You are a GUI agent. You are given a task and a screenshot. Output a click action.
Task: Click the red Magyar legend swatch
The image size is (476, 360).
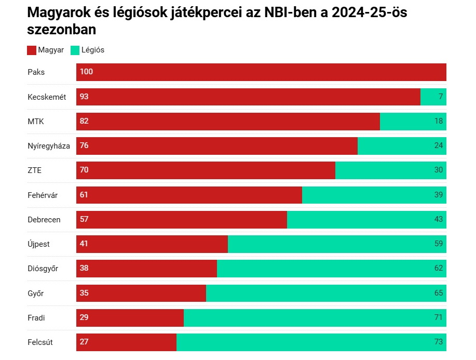pyautogui.click(x=32, y=50)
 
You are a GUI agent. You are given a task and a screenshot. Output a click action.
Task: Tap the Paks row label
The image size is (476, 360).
pyautogui.click(x=36, y=72)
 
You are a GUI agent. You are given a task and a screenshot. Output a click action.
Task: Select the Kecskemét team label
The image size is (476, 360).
pyautogui.click(x=47, y=97)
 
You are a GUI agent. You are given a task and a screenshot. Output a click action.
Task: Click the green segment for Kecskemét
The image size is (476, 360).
pyautogui.click(x=433, y=97)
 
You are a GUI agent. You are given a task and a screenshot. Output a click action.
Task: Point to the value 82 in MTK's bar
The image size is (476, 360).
pyautogui.click(x=84, y=122)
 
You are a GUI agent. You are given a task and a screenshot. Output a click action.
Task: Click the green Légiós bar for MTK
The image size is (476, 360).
pyautogui.click(x=413, y=122)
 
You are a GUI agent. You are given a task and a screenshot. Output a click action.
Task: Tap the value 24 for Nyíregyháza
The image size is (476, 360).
pyautogui.click(x=439, y=146)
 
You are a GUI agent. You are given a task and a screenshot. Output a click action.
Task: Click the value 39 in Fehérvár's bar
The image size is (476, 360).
pyautogui.click(x=439, y=195)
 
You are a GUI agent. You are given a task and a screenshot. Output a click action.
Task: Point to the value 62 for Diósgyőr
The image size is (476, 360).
pyautogui.click(x=439, y=269)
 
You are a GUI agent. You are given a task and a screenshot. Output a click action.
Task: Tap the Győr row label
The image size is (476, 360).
pyautogui.click(x=36, y=294)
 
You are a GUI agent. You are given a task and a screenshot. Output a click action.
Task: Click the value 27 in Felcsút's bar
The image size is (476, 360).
pyautogui.click(x=84, y=342)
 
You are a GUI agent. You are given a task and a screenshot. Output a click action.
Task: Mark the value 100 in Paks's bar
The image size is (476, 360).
pyautogui.click(x=86, y=72)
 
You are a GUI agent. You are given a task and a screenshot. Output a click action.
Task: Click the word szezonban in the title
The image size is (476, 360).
pyautogui.click(x=62, y=30)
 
